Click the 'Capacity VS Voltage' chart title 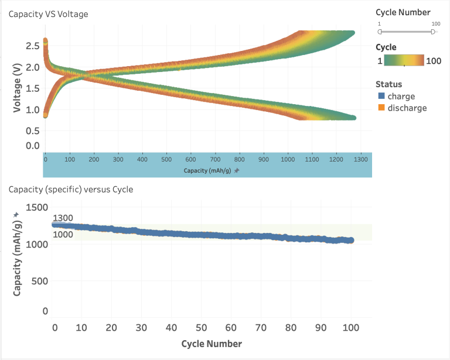point(48,14)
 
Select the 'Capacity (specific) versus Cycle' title point(70,190)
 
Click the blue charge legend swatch point(380,97)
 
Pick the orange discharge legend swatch point(380,108)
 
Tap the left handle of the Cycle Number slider point(380,32)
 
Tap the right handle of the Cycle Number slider point(433,32)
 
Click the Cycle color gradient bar point(405,61)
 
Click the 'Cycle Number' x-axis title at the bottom point(211,343)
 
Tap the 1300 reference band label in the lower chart point(63,218)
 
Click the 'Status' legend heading point(388,84)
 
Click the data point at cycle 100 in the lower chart point(351,240)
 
